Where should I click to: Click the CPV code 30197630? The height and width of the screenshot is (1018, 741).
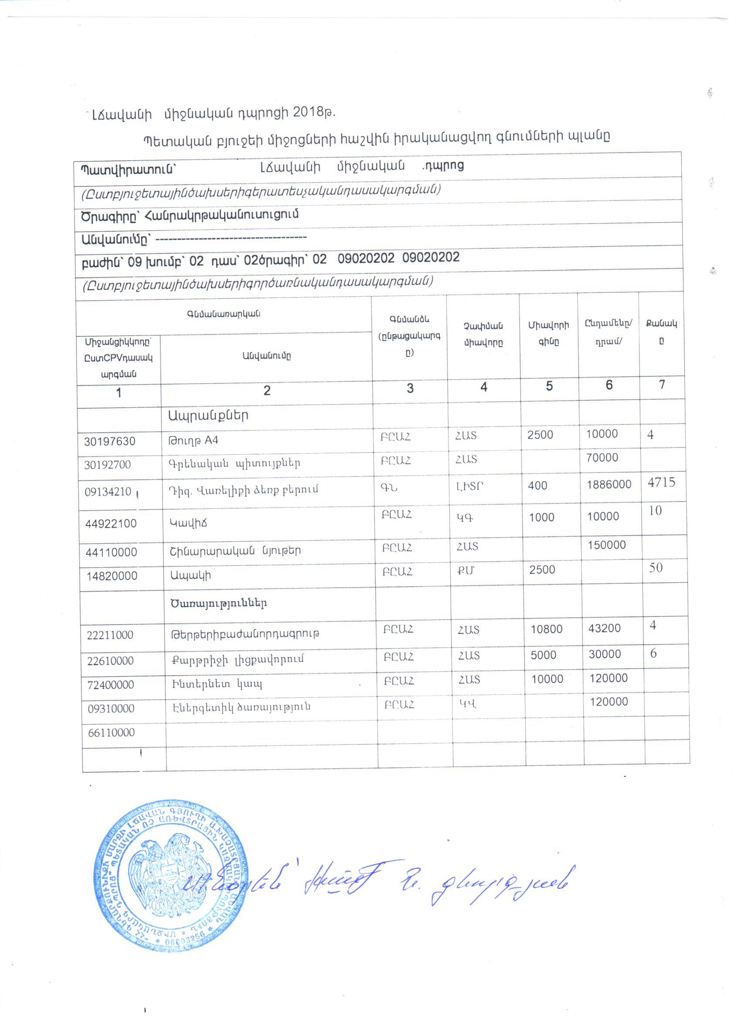click(109, 441)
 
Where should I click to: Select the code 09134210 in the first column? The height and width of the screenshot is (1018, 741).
click(108, 491)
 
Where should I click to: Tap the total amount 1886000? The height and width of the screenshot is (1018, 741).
click(608, 484)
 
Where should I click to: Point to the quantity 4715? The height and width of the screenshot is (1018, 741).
click(661, 483)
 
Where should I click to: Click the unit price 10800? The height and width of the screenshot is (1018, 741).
click(546, 629)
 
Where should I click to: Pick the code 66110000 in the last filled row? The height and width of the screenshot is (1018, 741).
click(112, 733)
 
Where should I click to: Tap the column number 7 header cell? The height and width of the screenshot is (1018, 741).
click(662, 385)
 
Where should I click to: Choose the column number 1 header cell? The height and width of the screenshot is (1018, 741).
click(119, 393)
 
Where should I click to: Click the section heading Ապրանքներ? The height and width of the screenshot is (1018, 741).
click(208, 416)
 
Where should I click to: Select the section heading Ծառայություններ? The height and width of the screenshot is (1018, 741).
click(218, 603)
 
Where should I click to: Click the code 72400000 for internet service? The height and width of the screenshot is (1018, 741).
click(110, 685)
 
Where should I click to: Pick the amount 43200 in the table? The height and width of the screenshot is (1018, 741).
click(604, 629)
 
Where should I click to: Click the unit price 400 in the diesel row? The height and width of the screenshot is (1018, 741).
click(537, 486)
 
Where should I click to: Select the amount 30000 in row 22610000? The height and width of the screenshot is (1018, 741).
click(605, 654)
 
